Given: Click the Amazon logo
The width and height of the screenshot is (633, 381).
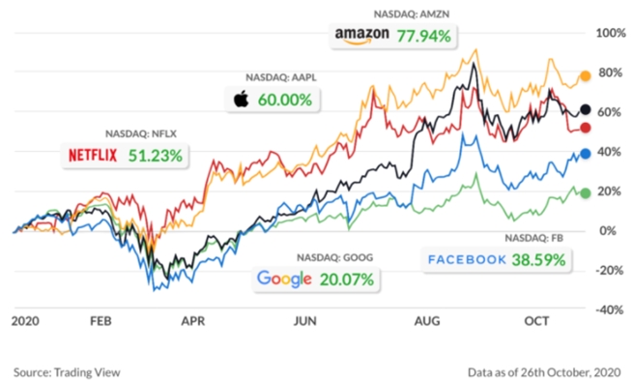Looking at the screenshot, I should coord(362,36).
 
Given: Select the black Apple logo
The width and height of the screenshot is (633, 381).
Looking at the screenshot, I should coord(241,99).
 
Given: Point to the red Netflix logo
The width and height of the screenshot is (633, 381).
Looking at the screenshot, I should coord(95,155).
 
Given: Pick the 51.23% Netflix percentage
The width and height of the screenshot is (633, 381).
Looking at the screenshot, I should coord(157,155).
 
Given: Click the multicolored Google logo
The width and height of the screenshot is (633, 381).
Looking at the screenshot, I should coord(284,279).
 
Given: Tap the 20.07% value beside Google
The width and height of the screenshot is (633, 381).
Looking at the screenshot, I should coord(346,279).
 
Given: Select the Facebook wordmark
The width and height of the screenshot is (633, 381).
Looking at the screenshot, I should coord(468,259).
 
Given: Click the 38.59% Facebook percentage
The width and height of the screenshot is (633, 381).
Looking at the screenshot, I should coord(542,259).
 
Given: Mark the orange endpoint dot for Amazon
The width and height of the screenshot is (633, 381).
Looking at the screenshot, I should coord(585,75).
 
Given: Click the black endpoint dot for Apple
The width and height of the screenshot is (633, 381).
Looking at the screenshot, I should coord(585,110).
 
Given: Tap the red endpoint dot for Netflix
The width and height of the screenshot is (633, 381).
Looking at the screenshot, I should coord(585,128).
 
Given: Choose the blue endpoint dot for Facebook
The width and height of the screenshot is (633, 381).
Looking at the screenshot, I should coord(585,153).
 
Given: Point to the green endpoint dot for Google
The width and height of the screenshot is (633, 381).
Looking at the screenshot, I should coord(585,192).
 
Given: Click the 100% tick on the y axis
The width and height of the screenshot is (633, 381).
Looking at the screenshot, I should coord(612,33).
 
